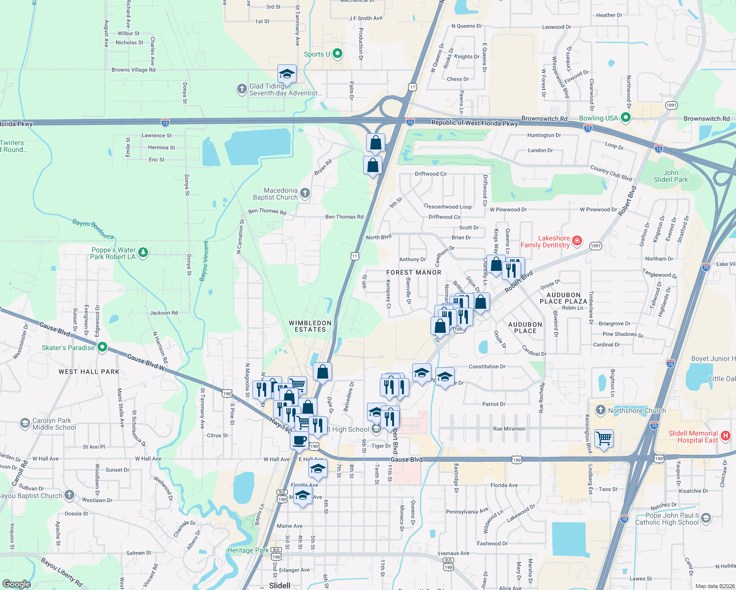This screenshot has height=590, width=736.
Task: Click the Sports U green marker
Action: [337, 54]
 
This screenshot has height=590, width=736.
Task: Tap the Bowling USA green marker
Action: [626, 118]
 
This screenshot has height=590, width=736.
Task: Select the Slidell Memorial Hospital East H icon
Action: [725, 436]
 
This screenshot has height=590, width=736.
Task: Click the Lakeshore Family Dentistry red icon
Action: [578, 241]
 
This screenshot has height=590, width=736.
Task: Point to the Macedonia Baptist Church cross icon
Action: [305, 193]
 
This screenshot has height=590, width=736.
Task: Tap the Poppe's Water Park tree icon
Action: [143, 253]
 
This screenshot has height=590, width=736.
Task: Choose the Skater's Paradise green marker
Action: [102, 347]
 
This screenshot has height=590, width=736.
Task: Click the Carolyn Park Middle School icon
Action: [25, 423]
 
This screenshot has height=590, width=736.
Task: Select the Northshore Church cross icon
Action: [600, 410]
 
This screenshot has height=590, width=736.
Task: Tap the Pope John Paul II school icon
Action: [705, 518]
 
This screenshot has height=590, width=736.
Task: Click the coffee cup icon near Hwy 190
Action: [299, 440]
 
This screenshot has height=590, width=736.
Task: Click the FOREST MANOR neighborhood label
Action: [414, 272]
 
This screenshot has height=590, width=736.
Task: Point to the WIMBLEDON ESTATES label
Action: [310, 326]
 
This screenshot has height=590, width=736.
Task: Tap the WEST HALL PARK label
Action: [89, 372]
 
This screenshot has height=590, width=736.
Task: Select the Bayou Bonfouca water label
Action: [93, 229]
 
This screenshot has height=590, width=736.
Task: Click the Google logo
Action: [16, 584]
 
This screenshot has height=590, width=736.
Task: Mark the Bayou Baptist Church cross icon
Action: [69, 495]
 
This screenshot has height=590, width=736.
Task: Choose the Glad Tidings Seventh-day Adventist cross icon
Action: [242, 88]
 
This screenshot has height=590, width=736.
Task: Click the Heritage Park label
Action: [248, 550]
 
